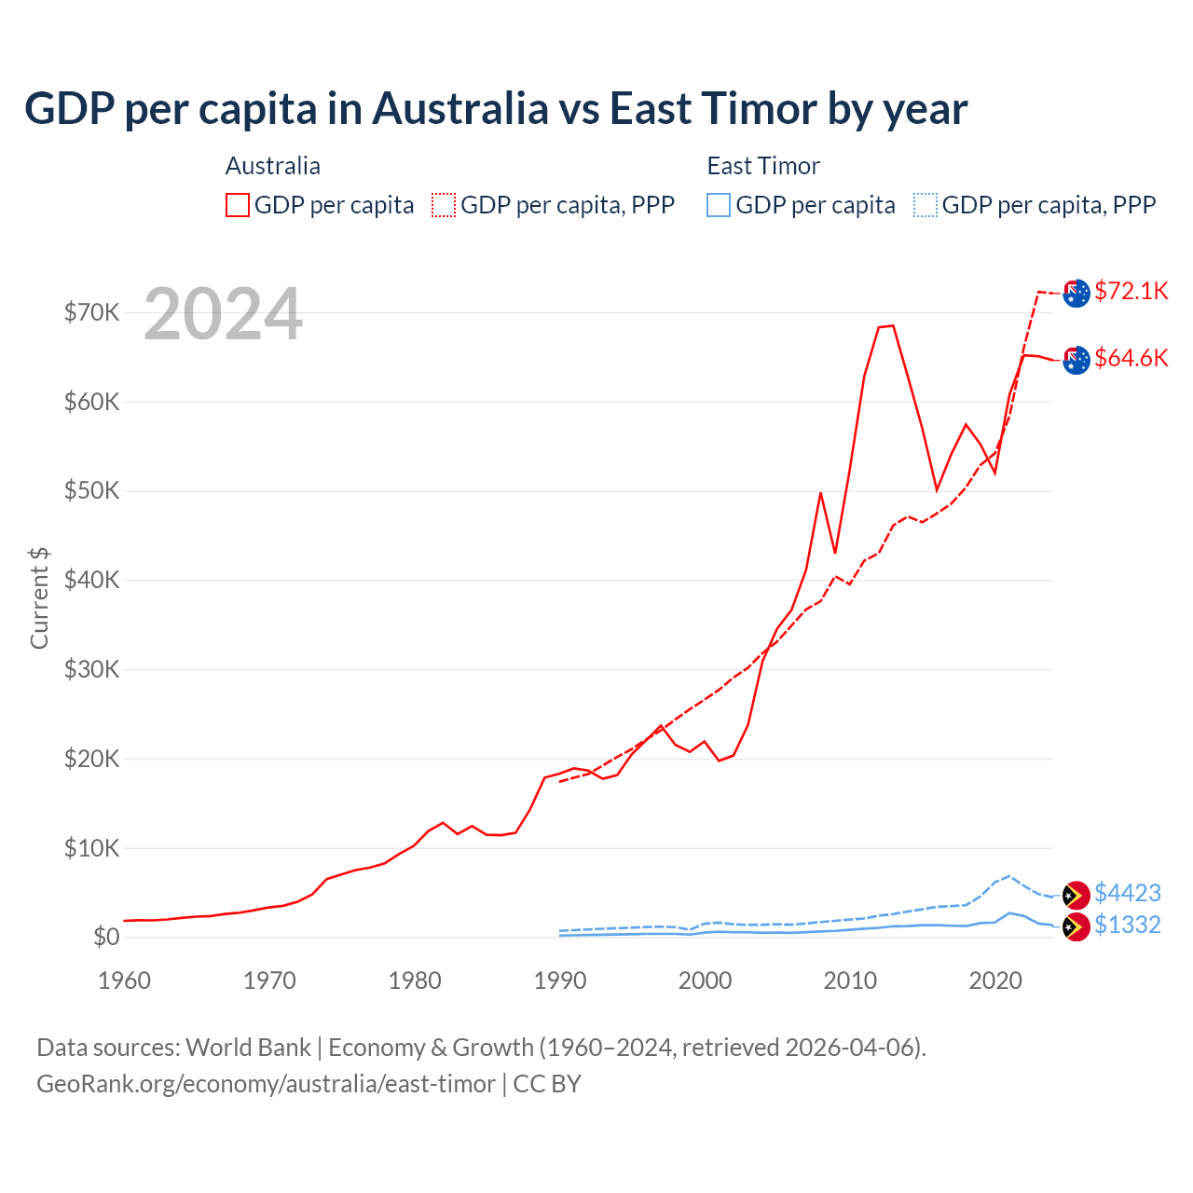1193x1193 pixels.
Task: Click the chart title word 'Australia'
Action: (x=460, y=109)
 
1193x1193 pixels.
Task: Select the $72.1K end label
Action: (x=1131, y=291)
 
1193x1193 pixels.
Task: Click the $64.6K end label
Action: (x=1131, y=358)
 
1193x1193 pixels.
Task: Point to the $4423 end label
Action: (x=1127, y=893)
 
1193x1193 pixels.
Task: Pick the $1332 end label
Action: (x=1127, y=925)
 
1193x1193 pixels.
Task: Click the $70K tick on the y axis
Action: (x=91, y=312)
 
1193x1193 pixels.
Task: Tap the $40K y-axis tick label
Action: (x=91, y=581)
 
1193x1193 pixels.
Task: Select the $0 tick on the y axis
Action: (x=106, y=937)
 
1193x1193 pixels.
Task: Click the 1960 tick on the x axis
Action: (x=124, y=980)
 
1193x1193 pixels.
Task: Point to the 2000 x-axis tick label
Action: (x=705, y=980)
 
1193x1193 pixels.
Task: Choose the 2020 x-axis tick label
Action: (x=995, y=980)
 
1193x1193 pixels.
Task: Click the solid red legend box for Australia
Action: (x=238, y=205)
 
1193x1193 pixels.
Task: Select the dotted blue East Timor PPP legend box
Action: (x=926, y=205)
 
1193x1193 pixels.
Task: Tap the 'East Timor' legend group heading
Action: (x=763, y=166)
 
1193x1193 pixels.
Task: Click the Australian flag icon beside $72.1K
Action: (x=1076, y=293)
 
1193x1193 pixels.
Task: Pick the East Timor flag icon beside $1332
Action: (x=1076, y=926)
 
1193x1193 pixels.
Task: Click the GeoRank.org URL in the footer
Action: (x=266, y=1084)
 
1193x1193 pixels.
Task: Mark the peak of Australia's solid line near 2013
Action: (x=892, y=325)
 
